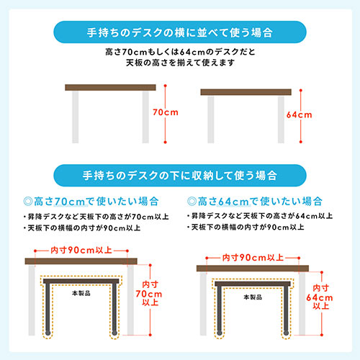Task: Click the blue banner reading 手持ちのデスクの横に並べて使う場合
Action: pos(180,32)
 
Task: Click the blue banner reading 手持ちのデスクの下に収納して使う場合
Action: pos(180,175)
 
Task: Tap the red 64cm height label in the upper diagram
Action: pos(298,115)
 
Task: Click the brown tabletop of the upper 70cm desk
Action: pos(111,88)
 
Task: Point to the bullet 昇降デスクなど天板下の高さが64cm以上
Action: pos(262,216)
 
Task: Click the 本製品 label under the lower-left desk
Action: pos(82,294)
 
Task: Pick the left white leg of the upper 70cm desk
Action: pos(75,115)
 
